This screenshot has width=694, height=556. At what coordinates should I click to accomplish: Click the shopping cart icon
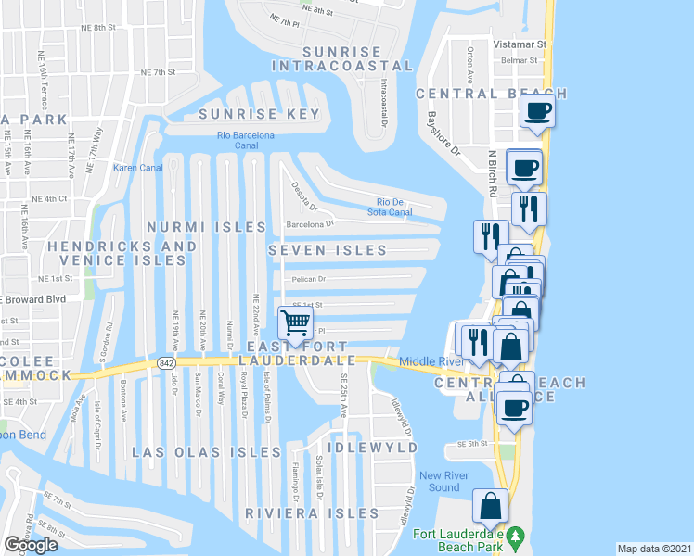[295, 323]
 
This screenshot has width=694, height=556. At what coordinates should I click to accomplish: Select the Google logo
[32, 545]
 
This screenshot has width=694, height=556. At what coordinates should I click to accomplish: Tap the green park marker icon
[520, 537]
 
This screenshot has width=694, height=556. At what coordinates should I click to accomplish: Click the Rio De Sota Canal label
[394, 208]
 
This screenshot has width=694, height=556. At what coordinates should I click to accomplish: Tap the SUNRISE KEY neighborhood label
[260, 115]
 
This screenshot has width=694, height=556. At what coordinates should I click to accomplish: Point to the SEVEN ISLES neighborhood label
[327, 250]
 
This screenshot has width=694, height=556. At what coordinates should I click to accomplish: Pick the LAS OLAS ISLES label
[219, 452]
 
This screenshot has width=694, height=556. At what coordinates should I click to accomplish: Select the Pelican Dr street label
[310, 278]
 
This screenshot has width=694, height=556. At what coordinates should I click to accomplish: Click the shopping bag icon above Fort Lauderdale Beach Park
[490, 506]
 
